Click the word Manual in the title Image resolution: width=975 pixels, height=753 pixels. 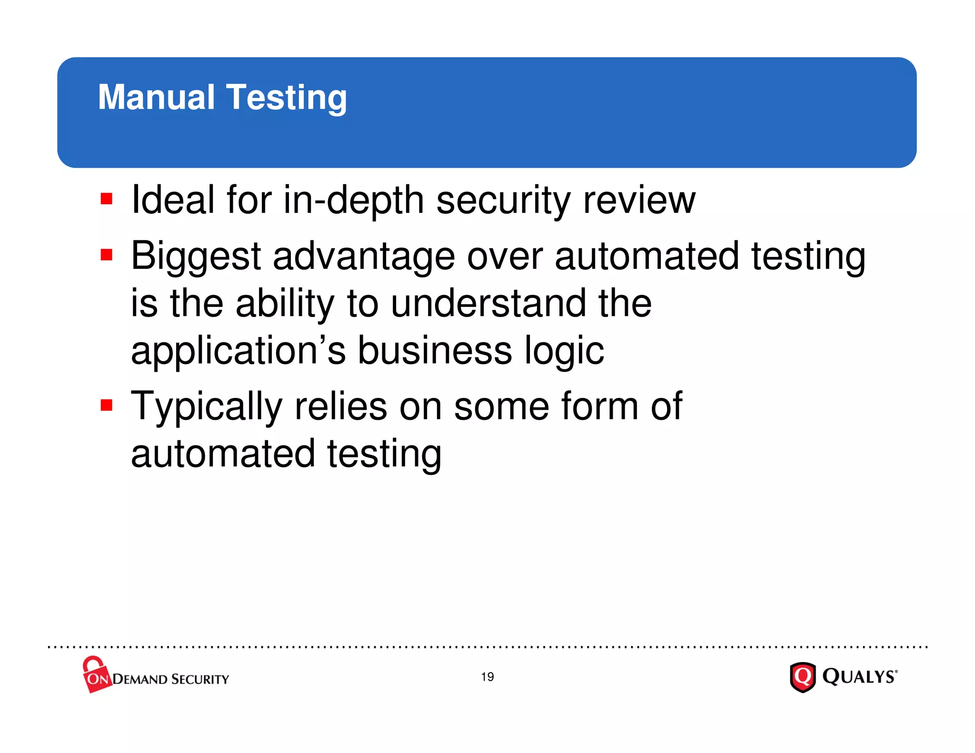point(156,97)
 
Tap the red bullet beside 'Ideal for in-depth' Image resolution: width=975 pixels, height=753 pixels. point(107,198)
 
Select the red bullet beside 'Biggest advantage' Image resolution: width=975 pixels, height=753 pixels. point(107,255)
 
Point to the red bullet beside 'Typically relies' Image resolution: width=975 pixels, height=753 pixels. point(107,405)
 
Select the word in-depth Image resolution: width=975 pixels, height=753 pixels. point(354,200)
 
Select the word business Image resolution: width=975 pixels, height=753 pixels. point(435,350)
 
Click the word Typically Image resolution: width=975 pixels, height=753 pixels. point(207,406)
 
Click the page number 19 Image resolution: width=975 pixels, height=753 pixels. point(487,677)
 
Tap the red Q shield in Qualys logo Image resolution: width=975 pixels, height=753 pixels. point(803,676)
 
